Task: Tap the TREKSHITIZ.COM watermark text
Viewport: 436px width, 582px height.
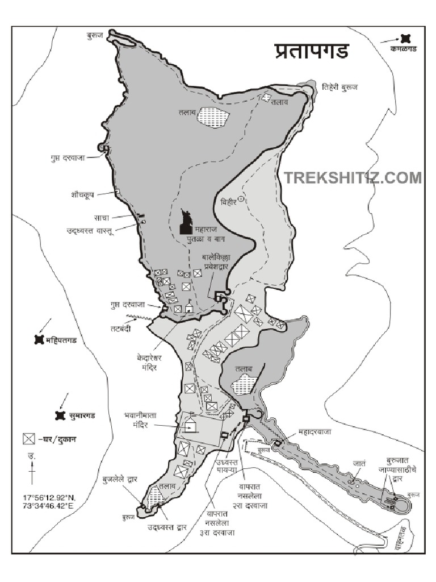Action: [x=353, y=178]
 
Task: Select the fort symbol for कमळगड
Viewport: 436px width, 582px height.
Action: [x=404, y=38]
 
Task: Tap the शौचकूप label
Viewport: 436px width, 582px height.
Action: [x=79, y=193]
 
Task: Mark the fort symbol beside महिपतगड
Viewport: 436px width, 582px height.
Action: [x=39, y=340]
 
